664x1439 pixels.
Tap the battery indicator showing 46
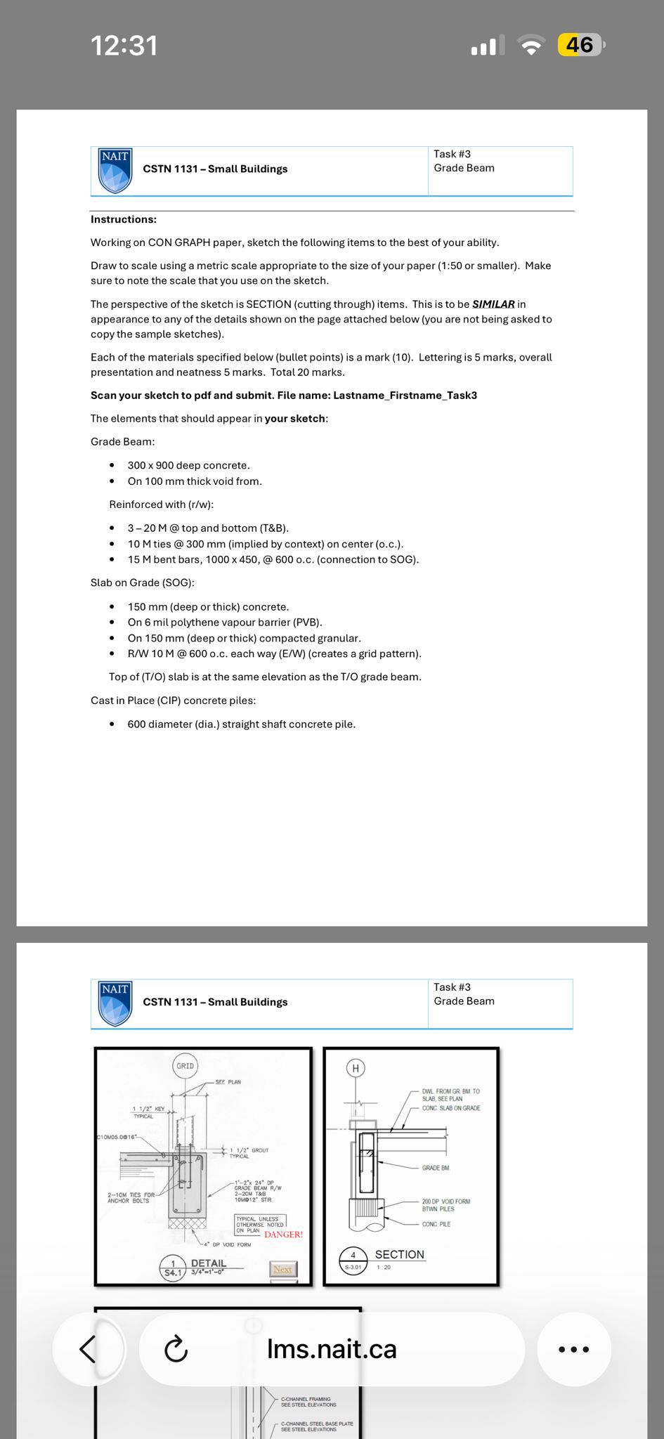580,46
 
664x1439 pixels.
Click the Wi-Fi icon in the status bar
531,46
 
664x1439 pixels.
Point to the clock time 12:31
124,46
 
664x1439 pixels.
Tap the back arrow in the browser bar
88,1348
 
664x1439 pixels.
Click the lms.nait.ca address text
332,1348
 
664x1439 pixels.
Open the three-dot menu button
573,1348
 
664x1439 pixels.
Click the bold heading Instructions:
124,219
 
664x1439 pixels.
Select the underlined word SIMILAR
493,304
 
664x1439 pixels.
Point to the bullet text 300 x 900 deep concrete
188,465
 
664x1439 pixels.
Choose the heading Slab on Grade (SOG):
143,582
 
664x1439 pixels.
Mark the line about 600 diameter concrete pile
241,724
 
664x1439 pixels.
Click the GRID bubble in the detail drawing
185,1066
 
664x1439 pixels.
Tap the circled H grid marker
356,1069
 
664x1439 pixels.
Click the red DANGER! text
283,1235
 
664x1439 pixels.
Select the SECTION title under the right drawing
399,1254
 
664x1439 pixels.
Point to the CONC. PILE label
436,1224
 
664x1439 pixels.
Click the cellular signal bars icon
488,46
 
